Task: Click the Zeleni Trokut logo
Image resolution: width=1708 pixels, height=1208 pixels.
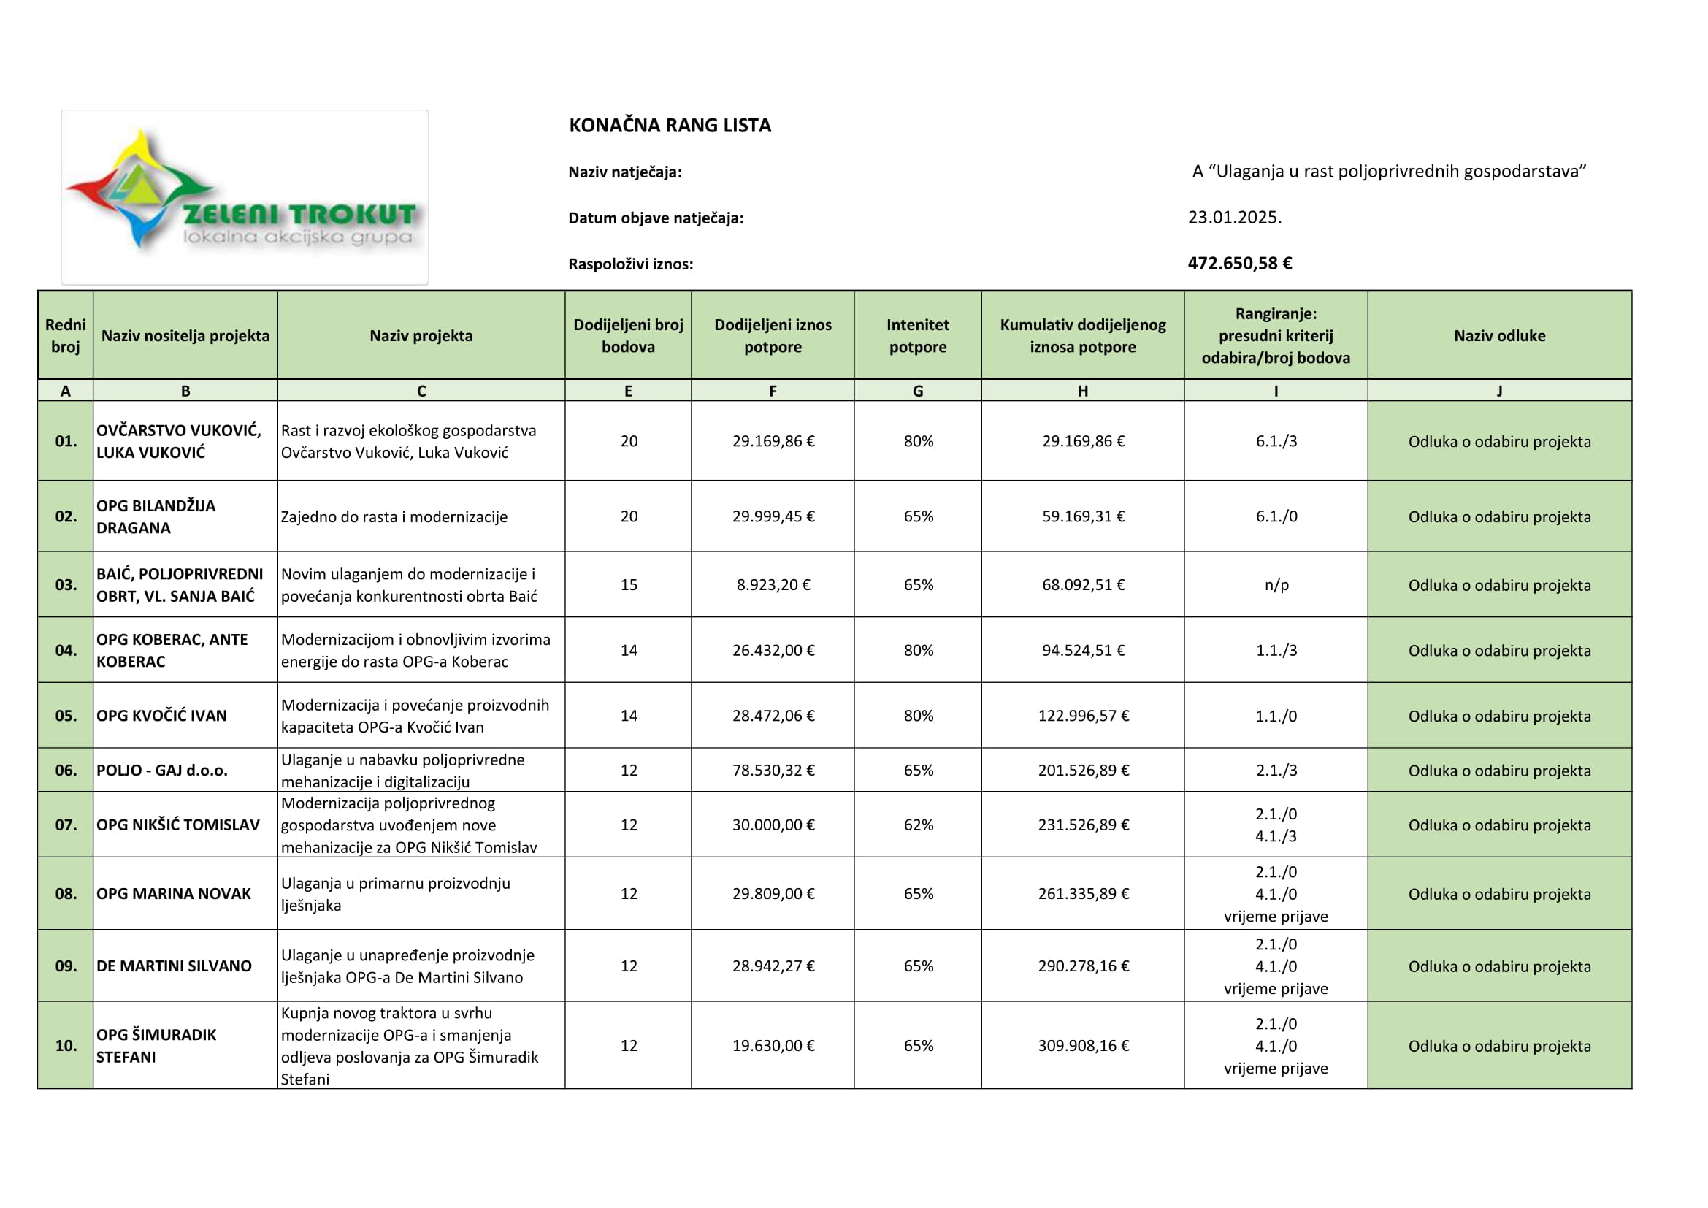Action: [244, 197]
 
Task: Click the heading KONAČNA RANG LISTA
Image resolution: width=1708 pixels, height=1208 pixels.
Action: [670, 126]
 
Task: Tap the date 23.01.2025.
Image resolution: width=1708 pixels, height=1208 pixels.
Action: [1234, 217]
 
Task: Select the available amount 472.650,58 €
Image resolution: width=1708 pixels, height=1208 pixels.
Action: [1239, 264]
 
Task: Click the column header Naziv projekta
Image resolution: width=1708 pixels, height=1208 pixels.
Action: [421, 335]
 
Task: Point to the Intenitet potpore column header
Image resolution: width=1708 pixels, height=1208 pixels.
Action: [917, 335]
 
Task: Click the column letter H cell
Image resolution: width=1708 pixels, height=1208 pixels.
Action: [1082, 391]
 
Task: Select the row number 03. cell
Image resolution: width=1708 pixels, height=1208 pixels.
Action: [66, 585]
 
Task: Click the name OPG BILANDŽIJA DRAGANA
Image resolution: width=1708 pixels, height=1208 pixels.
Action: [156, 516]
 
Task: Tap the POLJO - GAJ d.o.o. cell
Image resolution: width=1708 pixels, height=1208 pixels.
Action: [162, 771]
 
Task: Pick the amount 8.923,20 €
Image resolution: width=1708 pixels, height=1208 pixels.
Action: [773, 585]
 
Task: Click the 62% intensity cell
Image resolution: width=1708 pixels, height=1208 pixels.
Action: [918, 825]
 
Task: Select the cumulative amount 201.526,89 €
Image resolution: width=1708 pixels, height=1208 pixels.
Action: [1083, 771]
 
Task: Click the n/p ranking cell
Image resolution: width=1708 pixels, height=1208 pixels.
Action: [1276, 585]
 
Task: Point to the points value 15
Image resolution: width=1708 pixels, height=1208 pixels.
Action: [629, 585]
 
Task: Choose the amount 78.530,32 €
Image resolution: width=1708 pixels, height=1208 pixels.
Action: [773, 771]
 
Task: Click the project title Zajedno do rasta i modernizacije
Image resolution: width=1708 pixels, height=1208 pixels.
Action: [394, 517]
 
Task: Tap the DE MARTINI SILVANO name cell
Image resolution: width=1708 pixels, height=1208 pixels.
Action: [174, 966]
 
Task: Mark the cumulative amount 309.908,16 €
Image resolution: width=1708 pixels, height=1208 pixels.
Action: [1083, 1046]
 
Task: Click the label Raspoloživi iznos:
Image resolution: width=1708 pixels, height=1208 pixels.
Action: [630, 264]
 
